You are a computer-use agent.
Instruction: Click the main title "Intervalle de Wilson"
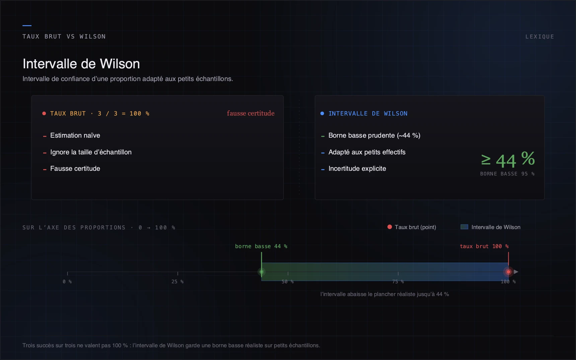tap(81, 64)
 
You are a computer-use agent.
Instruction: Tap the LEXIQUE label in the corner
tap(539, 37)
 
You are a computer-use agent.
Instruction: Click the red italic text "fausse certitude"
tap(250, 113)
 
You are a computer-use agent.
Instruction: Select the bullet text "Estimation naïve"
tap(75, 135)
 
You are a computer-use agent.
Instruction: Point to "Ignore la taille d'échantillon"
tap(91, 152)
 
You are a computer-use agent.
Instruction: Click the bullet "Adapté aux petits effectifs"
tap(367, 152)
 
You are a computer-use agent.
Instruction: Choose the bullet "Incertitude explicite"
tap(357, 168)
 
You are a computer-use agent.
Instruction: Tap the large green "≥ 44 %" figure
tap(508, 160)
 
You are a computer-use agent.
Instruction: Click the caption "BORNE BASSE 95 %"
tap(507, 174)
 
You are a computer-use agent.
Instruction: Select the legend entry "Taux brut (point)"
tap(415, 227)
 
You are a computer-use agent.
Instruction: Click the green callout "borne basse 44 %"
tap(261, 246)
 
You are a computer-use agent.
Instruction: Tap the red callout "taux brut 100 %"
tap(484, 246)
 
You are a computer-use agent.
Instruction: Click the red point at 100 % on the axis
tap(508, 272)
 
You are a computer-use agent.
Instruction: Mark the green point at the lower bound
tap(262, 272)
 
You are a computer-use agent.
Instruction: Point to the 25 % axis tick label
tap(177, 282)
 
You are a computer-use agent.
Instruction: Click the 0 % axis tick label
tap(67, 282)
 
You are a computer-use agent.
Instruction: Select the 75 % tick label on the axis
tap(398, 282)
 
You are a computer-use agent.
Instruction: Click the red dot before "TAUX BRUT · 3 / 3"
tap(44, 114)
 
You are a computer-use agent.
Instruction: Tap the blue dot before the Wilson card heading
tap(322, 114)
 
